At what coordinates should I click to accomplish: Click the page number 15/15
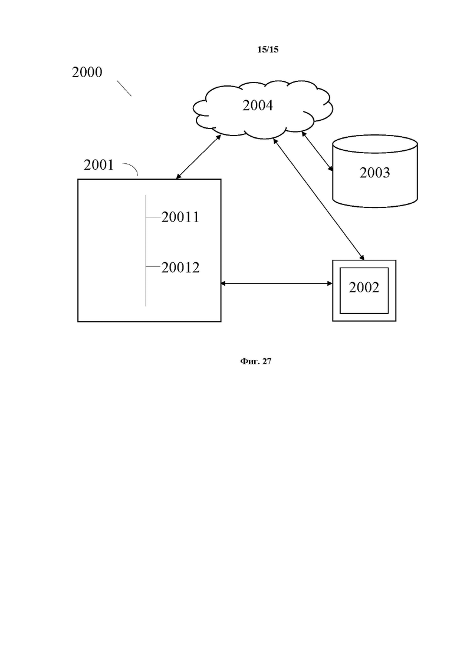(x=268, y=50)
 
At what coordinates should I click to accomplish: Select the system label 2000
(x=87, y=72)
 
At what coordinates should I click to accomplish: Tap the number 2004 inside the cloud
(x=258, y=105)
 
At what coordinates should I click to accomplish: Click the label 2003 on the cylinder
(x=374, y=173)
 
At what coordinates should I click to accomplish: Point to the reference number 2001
(x=98, y=165)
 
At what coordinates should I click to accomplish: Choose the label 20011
(x=180, y=217)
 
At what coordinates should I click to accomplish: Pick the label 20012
(x=180, y=268)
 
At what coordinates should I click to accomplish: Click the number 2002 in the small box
(x=364, y=287)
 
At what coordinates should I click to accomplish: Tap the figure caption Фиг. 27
(x=255, y=361)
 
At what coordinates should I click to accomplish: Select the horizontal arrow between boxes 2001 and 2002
(x=277, y=283)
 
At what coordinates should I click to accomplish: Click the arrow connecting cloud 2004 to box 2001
(x=198, y=157)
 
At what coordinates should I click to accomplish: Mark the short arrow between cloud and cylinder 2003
(x=317, y=151)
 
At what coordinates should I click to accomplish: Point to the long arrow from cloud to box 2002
(x=318, y=199)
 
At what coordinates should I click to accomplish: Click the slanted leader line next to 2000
(x=124, y=88)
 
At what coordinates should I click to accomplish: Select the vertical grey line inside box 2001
(x=146, y=250)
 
